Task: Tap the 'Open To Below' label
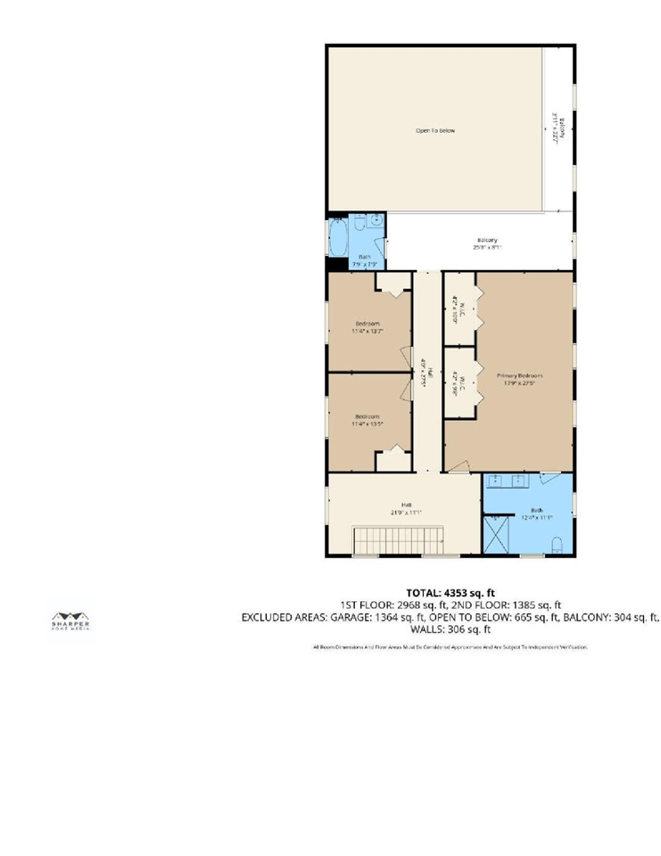click(435, 131)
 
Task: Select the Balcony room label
click(487, 240)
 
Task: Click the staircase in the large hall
click(400, 539)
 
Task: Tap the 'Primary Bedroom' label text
click(520, 376)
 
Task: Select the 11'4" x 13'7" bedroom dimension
click(368, 331)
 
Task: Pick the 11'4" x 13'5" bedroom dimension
click(368, 424)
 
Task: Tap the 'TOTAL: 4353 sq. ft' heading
click(450, 593)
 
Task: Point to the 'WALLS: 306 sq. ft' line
click(450, 629)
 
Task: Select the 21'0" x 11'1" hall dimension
click(406, 513)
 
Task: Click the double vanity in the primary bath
click(514, 482)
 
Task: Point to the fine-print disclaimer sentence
click(450, 646)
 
